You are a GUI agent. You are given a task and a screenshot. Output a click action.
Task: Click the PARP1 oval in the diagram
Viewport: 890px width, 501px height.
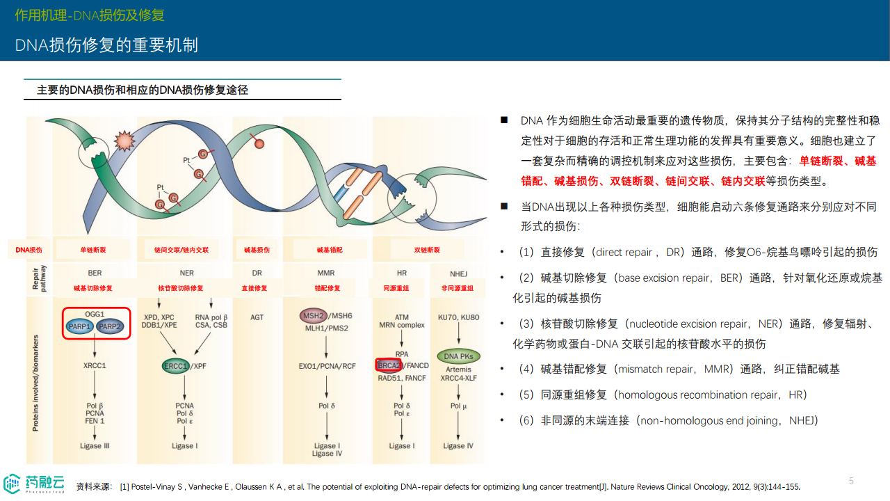click(80, 326)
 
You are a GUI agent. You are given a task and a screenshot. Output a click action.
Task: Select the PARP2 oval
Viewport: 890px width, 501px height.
click(111, 326)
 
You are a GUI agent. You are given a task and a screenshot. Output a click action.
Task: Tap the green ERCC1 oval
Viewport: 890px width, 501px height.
click(176, 366)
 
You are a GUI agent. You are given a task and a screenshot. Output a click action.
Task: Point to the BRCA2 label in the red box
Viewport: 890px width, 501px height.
click(389, 365)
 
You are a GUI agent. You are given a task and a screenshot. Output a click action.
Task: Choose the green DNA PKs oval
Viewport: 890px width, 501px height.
click(458, 356)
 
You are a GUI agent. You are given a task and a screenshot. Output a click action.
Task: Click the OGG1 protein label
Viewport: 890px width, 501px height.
click(95, 315)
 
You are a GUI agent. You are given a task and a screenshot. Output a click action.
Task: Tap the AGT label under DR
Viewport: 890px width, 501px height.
click(257, 317)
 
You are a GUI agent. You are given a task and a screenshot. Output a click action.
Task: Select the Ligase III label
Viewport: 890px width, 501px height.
click(95, 446)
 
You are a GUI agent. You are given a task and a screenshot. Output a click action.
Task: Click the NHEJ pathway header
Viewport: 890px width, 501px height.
click(458, 273)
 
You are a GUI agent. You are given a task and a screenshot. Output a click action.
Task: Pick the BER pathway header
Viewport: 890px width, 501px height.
click(95, 273)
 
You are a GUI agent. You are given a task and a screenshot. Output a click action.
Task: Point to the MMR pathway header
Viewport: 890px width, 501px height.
click(326, 273)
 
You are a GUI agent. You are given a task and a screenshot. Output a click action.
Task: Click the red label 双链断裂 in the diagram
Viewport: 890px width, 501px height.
click(427, 250)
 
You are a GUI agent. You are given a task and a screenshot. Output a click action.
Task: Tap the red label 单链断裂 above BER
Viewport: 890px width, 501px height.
click(93, 250)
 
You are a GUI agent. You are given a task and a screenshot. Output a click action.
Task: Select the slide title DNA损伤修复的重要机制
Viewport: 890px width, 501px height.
click(107, 45)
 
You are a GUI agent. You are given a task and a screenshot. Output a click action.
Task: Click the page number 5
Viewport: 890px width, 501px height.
click(851, 481)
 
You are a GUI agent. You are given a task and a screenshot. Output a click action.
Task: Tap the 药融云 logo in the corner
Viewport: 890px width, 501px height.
click(34, 483)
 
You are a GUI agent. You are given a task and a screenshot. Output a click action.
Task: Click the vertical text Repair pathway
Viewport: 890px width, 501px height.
click(40, 279)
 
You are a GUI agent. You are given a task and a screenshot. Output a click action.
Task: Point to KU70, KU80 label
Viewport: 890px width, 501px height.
click(458, 317)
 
